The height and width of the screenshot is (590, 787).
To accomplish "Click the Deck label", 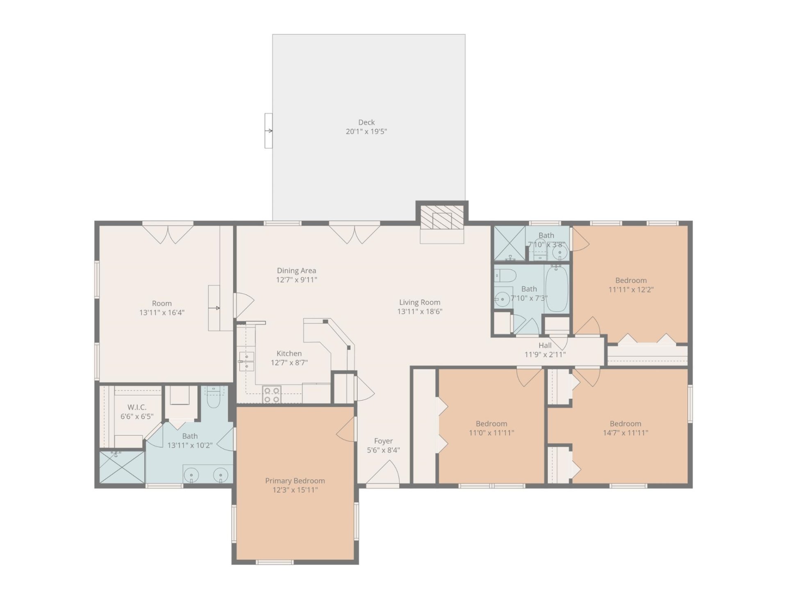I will coord(366,122).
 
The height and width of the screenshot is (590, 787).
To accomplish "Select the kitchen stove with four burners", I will coord(272,395).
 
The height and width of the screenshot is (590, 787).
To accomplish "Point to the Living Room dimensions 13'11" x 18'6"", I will coord(419,311).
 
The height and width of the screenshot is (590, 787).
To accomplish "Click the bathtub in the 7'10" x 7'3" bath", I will coord(557,288).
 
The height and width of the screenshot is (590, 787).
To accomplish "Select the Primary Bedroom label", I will coord(295,481).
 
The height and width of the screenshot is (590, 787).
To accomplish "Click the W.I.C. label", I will coord(136,407).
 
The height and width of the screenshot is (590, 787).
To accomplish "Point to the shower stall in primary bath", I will coord(122,467).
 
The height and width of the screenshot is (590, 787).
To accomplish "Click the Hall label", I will coord(545,345).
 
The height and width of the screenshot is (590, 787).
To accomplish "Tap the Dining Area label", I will coord(296,270).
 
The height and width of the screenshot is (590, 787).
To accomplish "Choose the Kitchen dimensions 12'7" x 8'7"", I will coord(289,363).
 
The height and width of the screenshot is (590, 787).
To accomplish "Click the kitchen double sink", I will coord(246,361).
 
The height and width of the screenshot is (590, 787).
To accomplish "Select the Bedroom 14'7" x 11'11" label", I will coord(625,424).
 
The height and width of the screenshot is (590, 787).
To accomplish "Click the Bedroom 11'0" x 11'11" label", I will coord(491,424).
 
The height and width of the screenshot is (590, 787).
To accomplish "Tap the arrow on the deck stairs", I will coord(269,131).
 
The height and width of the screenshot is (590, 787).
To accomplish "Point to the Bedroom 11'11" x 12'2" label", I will coord(630,280).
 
